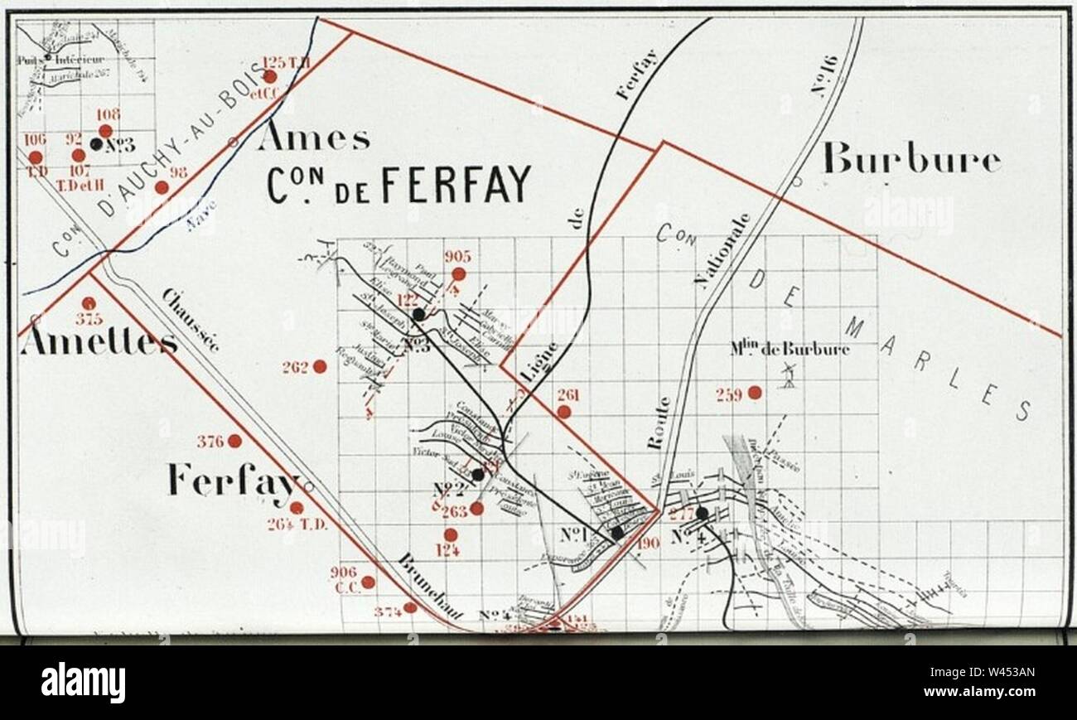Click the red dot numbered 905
pyautogui.click(x=458, y=273)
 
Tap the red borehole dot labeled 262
pyautogui.click(x=319, y=366)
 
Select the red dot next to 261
pyautogui.click(x=563, y=412)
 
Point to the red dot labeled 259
pyautogui.click(x=754, y=393)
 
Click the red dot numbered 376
pyautogui.click(x=234, y=441)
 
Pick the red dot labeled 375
pyautogui.click(x=88, y=303)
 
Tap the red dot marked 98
pyautogui.click(x=162, y=187)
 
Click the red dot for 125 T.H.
pyautogui.click(x=269, y=77)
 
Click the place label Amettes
pyautogui.click(x=98, y=341)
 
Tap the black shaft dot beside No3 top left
pyautogui.click(x=96, y=144)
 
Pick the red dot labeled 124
pyautogui.click(x=450, y=535)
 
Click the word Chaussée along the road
pyautogui.click(x=191, y=320)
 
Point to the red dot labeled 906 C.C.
pyautogui.click(x=368, y=582)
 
